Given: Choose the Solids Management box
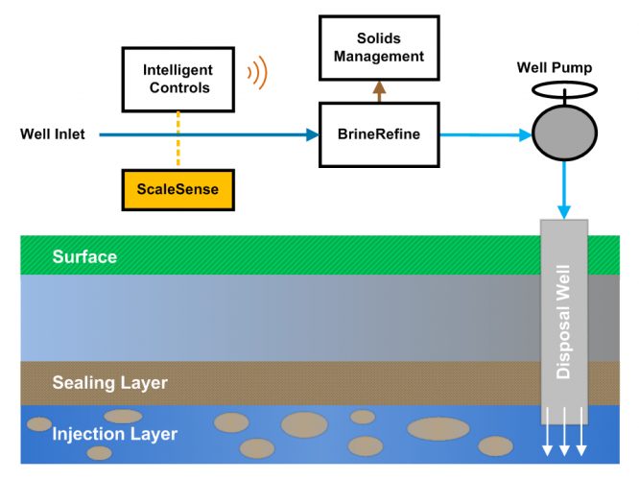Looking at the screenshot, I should click(378, 48).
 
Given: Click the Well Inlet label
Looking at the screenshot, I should click(53, 134).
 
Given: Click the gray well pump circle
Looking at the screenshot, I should click(563, 133).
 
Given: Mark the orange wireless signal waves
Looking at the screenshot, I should click(257, 75).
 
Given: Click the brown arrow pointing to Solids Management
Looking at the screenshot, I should click(378, 90).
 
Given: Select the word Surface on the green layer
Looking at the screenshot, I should click(85, 257).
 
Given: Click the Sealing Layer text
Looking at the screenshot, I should click(110, 383).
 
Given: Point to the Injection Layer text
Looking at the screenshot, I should click(115, 434).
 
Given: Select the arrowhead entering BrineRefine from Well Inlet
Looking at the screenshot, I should click(312, 135).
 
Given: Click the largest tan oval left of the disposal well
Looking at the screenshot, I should click(439, 428).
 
